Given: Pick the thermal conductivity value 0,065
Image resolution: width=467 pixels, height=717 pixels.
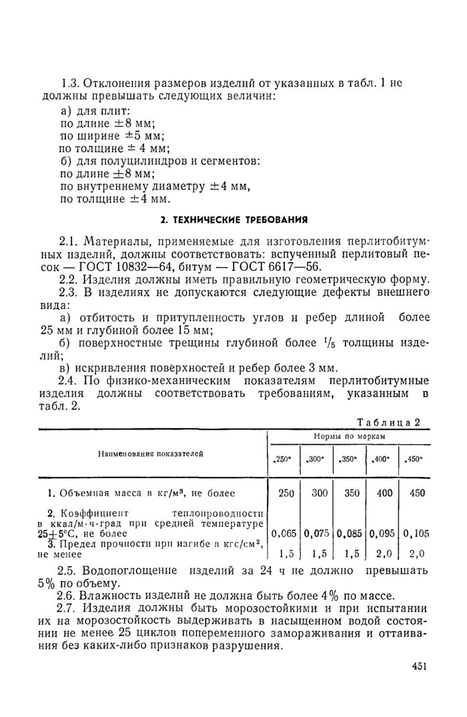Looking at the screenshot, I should pyautogui.click(x=284, y=534).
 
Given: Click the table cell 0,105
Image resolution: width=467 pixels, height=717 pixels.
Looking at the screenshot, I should pyautogui.click(x=416, y=534).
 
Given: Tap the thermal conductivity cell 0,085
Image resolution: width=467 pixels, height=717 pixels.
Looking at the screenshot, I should pyautogui.click(x=351, y=534).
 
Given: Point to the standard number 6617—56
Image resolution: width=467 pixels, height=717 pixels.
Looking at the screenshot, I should pyautogui.click(x=294, y=265).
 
